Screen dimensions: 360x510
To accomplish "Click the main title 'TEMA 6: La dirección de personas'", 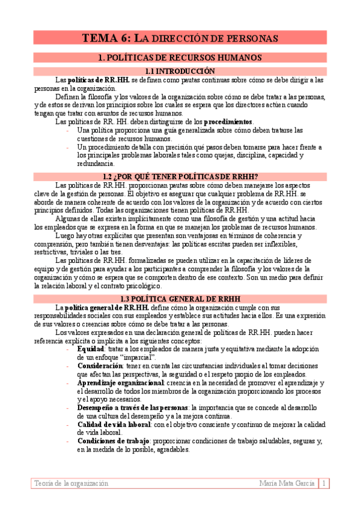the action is coord(180,38).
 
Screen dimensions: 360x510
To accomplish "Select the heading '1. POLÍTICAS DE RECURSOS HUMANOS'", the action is coord(180,58).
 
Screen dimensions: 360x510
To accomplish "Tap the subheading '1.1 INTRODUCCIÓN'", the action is coord(180,71).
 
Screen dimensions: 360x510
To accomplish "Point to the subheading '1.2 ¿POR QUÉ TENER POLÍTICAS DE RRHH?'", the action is coord(180,176).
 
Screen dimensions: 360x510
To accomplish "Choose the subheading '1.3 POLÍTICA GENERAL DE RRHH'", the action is coord(180,298).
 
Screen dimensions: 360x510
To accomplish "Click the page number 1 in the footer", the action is coord(324,483).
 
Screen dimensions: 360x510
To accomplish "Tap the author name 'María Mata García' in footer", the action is coord(287,483).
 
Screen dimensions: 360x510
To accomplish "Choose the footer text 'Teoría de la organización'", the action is coord(72,483).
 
